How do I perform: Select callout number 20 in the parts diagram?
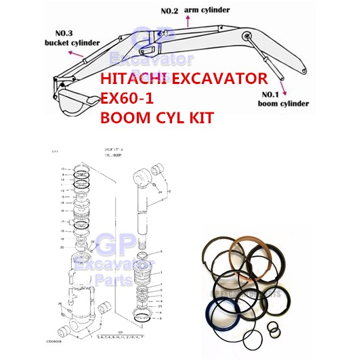[x=62, y=247]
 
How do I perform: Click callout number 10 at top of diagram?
[x=62, y=167]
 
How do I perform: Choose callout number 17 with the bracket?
[x=62, y=221]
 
